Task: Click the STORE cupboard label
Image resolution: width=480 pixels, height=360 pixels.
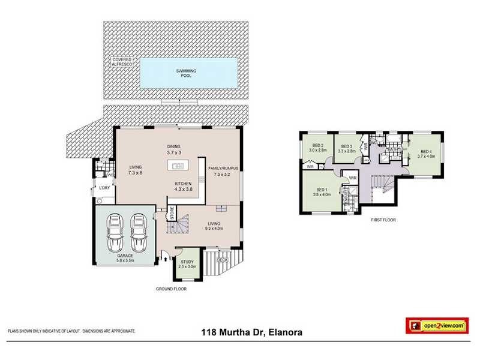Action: tap(172, 213)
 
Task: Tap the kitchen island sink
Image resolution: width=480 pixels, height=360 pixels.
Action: tap(179, 166)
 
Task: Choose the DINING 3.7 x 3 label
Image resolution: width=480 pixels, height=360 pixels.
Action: tap(174, 150)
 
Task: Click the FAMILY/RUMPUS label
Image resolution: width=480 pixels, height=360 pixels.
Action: tap(223, 171)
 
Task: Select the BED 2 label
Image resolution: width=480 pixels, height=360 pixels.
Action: tap(318, 147)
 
